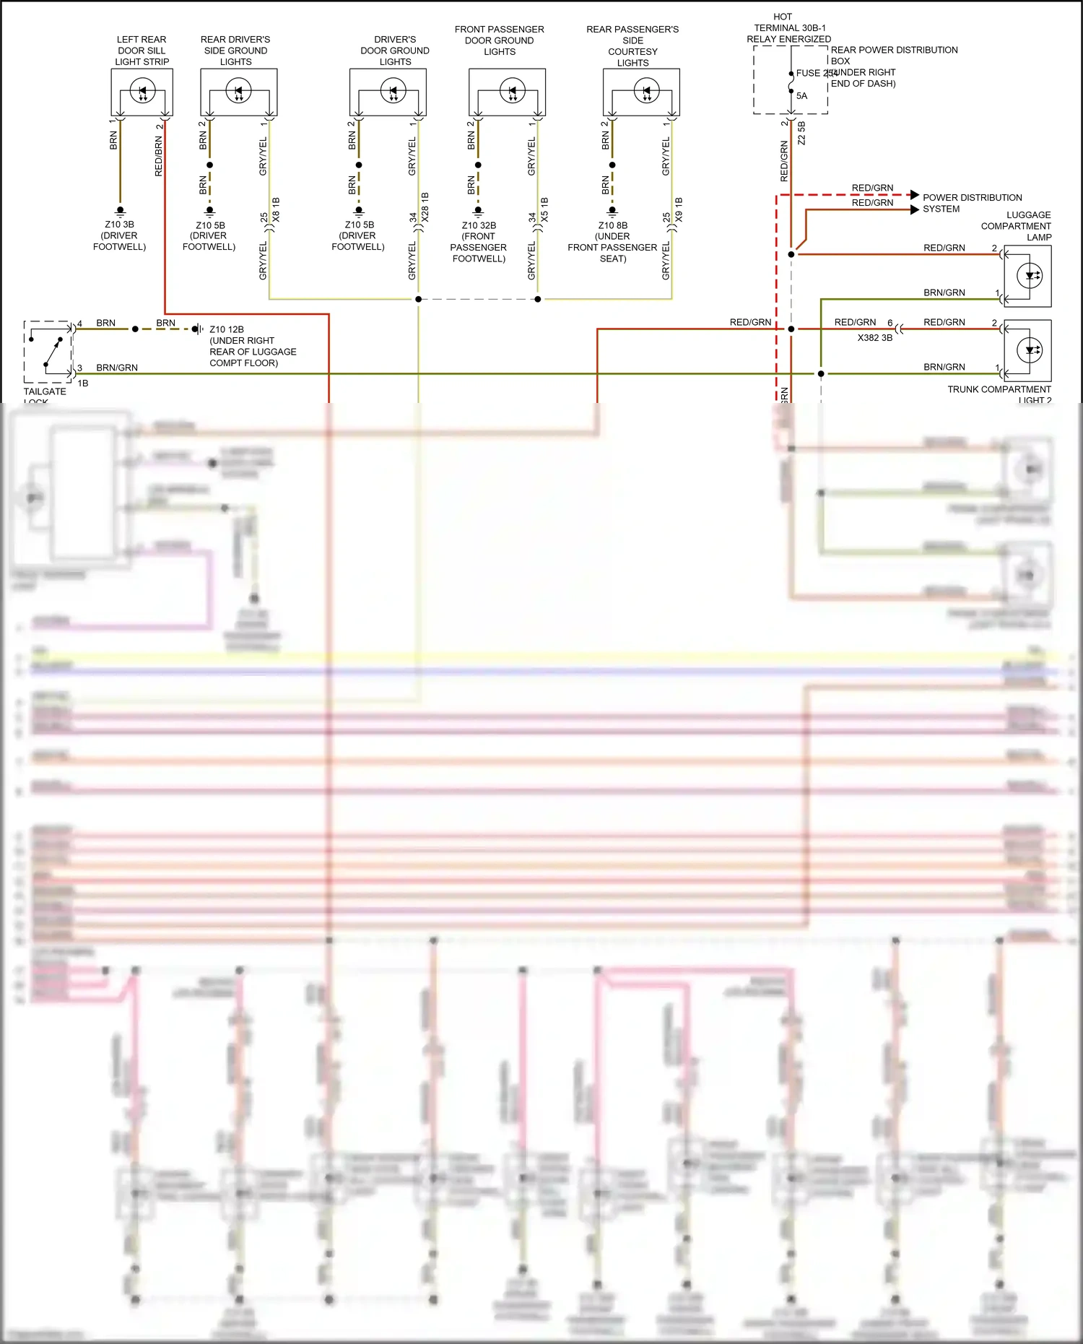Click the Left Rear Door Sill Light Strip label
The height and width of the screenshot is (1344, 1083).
point(142,51)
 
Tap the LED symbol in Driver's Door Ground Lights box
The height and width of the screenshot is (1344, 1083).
point(393,92)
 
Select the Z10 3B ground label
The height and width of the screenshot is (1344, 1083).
point(119,225)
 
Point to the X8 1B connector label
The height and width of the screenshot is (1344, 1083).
point(277,209)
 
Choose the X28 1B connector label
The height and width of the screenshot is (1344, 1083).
point(425,207)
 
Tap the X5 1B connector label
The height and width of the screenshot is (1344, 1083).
point(544,209)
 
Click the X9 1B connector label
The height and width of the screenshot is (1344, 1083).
point(679,209)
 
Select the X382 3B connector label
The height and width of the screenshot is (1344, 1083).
point(874,337)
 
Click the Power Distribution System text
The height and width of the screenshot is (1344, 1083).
point(971,203)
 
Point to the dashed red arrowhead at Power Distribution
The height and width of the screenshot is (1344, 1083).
point(915,195)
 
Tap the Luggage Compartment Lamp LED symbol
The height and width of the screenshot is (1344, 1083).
point(1030,276)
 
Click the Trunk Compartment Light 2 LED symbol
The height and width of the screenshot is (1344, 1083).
point(1030,351)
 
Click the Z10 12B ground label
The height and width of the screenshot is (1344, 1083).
point(227,329)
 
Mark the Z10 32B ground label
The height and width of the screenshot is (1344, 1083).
point(479,225)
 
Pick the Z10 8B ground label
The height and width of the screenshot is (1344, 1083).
point(612,225)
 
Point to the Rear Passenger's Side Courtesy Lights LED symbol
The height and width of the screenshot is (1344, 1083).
point(646,92)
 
